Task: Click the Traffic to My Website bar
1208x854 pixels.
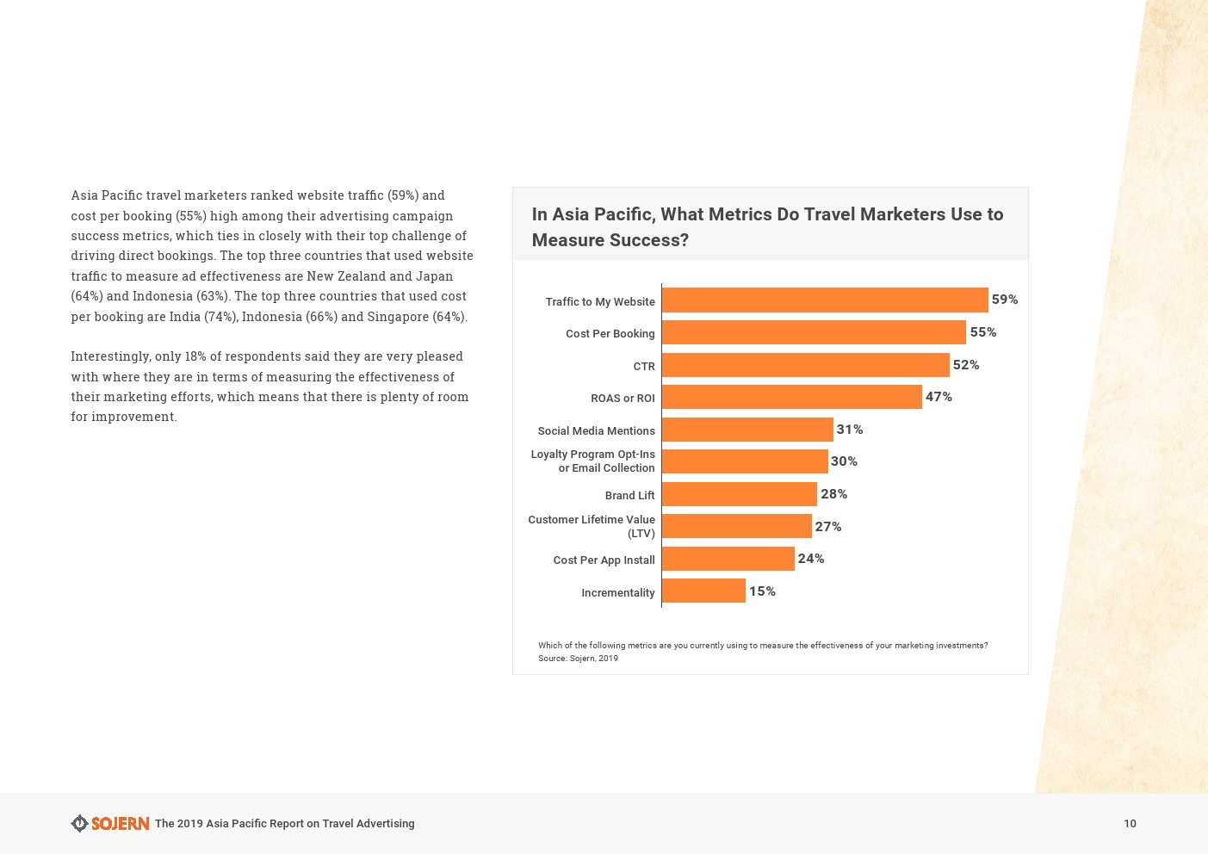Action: tap(824, 300)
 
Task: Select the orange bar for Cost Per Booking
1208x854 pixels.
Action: tap(814, 332)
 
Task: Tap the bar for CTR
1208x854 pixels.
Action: tap(805, 365)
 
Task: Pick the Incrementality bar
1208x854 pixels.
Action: tap(703, 591)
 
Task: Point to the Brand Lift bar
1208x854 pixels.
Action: tap(739, 494)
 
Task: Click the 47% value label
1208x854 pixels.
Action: tap(939, 397)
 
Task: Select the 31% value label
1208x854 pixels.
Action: tap(849, 430)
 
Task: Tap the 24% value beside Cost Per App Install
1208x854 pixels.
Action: tap(810, 559)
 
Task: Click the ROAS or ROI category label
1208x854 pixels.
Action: tap(623, 399)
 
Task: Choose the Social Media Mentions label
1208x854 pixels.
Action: tap(596, 430)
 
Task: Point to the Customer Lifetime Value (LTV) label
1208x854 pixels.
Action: tap(592, 526)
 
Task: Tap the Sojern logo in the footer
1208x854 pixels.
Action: tap(110, 824)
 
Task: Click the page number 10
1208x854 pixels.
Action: tap(1130, 824)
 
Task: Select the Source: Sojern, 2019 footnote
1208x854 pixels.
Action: tap(578, 659)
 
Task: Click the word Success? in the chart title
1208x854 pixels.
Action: tap(649, 240)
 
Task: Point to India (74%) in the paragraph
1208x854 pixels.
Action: tap(203, 316)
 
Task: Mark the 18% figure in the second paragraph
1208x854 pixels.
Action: tap(195, 356)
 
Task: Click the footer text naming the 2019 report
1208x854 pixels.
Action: tap(284, 824)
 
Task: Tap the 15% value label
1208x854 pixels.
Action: tap(762, 591)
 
